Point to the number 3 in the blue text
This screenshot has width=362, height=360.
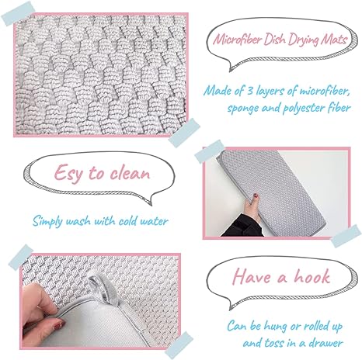click(250, 91)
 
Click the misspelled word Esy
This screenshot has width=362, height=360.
click(68, 173)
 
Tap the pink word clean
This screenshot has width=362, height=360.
click(130, 172)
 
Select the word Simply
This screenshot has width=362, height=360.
click(47, 221)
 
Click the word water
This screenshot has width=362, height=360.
click(154, 222)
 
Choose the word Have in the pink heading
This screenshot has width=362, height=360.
click(252, 276)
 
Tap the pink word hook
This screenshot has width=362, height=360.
click(312, 276)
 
